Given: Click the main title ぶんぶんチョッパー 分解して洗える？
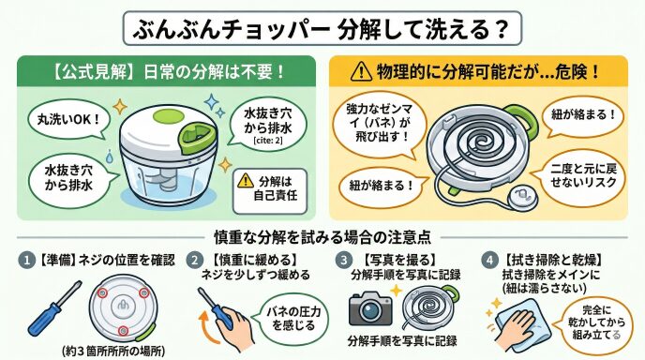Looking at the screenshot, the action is tap(322, 28).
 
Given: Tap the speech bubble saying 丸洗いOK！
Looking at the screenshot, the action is tap(69, 119).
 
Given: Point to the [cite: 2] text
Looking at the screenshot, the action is tap(268, 141).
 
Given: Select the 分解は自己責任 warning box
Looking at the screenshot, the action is tap(270, 191).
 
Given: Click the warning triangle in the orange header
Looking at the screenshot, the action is tap(361, 71).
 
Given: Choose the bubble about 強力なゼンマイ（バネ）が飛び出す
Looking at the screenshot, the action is tap(379, 124).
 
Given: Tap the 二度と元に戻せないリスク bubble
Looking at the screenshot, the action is tap(583, 176).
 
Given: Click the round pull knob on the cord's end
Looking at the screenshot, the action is tap(521, 197).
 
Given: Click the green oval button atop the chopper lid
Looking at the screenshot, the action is tap(168, 116).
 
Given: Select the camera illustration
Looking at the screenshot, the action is tap(370, 308).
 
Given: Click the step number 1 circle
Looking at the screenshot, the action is tap(27, 260).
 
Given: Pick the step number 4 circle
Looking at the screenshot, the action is tap(489, 260).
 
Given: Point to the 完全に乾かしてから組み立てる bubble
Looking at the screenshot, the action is tap(595, 322).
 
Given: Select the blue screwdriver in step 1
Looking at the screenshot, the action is tap(53, 307).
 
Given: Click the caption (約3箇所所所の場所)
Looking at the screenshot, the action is tap(114, 352).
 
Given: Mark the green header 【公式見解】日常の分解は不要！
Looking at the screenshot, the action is tap(167, 71).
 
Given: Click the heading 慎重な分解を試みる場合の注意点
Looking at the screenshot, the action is tap(322, 237).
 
